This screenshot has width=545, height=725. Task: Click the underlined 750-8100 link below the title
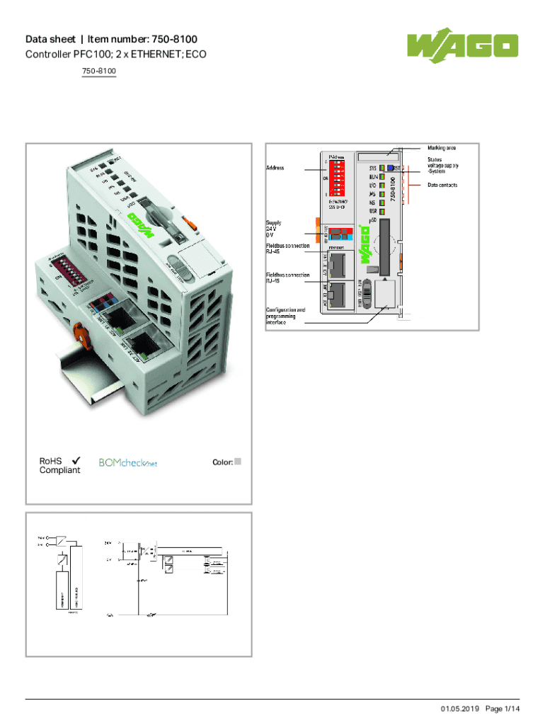99,72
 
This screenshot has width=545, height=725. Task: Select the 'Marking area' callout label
442,148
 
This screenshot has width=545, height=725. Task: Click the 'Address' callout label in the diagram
275,169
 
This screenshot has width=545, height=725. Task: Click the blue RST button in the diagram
390,168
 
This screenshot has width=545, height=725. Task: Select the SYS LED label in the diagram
372,169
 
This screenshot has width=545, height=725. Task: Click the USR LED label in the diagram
372,211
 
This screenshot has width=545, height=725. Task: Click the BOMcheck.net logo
127,463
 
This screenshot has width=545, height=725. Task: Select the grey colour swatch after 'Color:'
238,462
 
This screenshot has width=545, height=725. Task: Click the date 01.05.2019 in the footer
460,709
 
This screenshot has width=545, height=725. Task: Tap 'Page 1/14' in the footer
503,709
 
